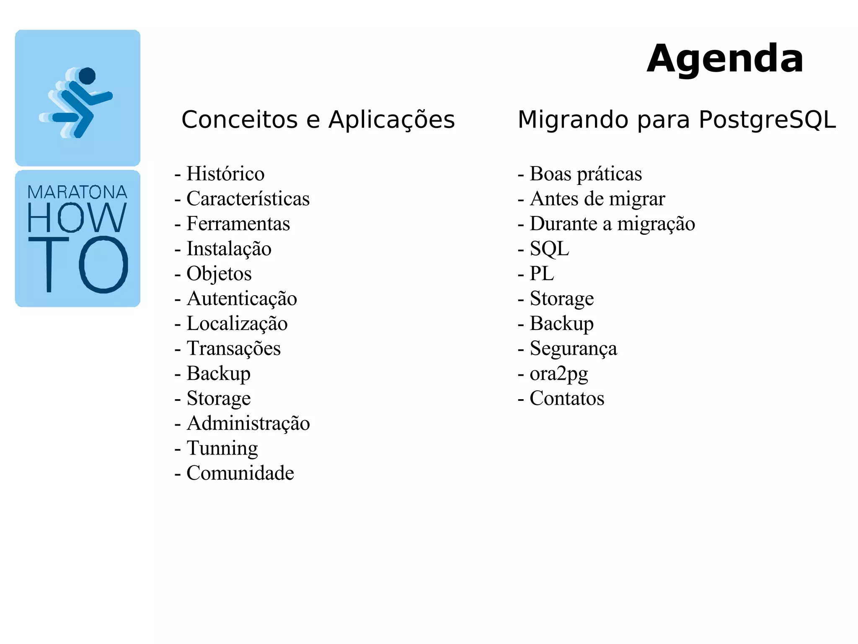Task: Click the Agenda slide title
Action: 725,59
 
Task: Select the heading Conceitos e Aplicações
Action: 318,120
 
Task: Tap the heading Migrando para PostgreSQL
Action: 676,120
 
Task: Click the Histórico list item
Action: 225,174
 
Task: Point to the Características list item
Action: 248,199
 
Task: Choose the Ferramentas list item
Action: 238,224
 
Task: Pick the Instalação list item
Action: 228,249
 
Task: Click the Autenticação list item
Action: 241,299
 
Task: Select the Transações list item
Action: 233,348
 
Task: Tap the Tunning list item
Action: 222,448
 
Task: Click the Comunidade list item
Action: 240,473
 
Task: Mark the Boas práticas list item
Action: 585,174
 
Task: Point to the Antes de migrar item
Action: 597,199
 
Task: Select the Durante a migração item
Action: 612,224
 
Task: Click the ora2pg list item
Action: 558,374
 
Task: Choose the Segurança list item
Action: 573,348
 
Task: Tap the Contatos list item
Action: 566,398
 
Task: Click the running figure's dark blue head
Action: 87,76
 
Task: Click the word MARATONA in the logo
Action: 78,192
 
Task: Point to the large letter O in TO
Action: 103,265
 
